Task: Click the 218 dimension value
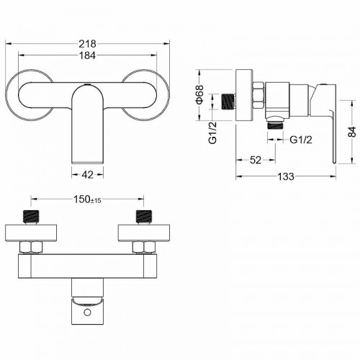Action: (87, 44)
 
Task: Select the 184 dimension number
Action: (87, 55)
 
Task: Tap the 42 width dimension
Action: (88, 175)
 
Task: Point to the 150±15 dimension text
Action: (87, 199)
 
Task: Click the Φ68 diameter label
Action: (199, 94)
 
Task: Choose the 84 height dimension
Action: (352, 132)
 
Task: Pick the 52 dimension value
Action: (256, 160)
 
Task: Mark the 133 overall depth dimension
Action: (286, 176)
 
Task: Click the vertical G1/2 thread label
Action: (212, 132)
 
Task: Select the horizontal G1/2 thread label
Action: (301, 140)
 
